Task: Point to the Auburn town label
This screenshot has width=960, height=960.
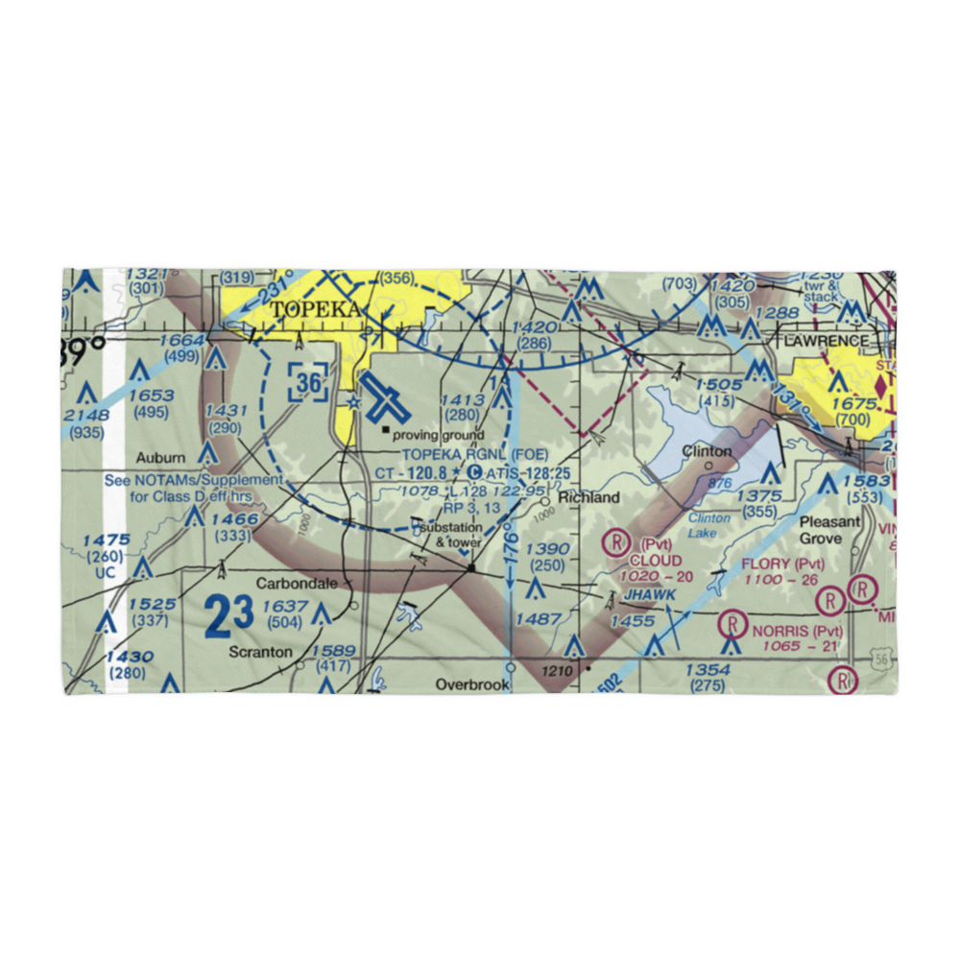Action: click(x=159, y=457)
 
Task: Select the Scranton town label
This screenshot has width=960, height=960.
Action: click(x=260, y=652)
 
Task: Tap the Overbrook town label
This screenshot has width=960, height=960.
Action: click(x=470, y=684)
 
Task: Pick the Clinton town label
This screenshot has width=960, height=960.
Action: click(x=707, y=450)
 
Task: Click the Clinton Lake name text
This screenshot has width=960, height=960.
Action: click(x=709, y=524)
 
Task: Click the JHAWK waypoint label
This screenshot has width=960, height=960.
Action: click(x=650, y=595)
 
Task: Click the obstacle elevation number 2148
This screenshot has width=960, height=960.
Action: click(x=86, y=414)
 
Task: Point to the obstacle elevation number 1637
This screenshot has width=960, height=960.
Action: click(x=285, y=606)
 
